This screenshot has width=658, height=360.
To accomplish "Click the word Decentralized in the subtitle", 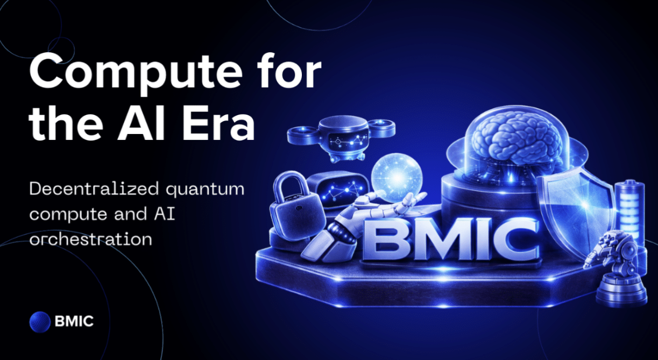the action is (x=94, y=189).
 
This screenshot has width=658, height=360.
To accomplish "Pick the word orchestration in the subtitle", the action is (x=91, y=239).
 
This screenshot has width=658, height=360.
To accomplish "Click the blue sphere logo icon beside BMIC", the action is (x=40, y=322).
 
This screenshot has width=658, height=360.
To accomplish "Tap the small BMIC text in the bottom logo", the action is (x=74, y=321).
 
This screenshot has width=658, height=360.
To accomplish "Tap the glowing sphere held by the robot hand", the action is (x=397, y=178).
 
